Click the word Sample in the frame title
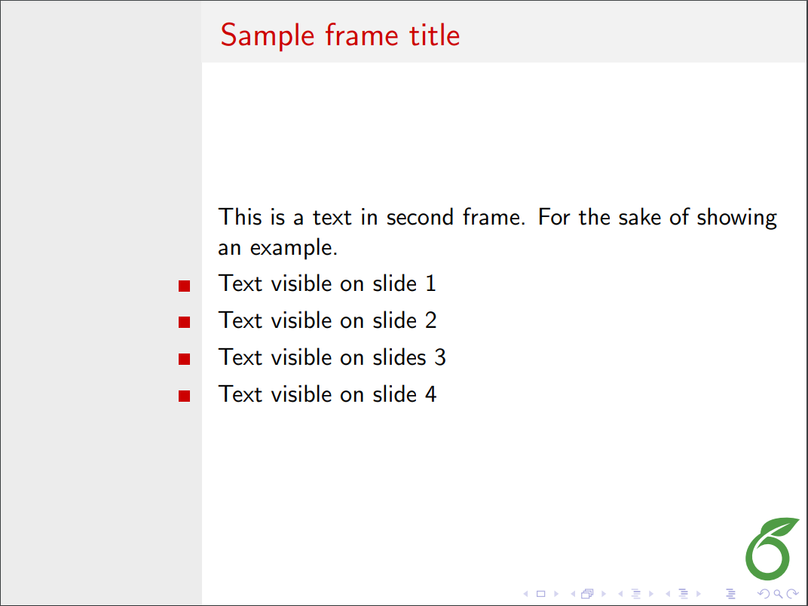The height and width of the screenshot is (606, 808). point(268,35)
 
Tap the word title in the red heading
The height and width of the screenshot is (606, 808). point(434,35)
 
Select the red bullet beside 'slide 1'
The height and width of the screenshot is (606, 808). point(185,286)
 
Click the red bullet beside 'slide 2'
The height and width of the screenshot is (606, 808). point(185,322)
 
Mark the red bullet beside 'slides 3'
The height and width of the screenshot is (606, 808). point(185,359)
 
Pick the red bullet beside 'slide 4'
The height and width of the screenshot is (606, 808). point(185,396)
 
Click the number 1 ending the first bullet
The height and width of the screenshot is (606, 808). point(431,283)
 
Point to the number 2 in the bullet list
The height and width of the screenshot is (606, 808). point(431,320)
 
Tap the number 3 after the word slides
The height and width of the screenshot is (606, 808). point(440,357)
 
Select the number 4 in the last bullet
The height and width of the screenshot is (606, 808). point(431,394)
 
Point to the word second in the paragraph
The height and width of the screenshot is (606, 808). point(420,217)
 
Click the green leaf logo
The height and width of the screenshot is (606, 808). point(771,548)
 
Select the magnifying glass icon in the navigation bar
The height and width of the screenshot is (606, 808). point(778,594)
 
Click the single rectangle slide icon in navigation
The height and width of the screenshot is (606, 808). point(540,594)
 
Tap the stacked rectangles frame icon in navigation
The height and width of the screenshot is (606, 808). point(587,594)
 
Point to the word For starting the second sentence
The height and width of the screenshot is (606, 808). point(554,217)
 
